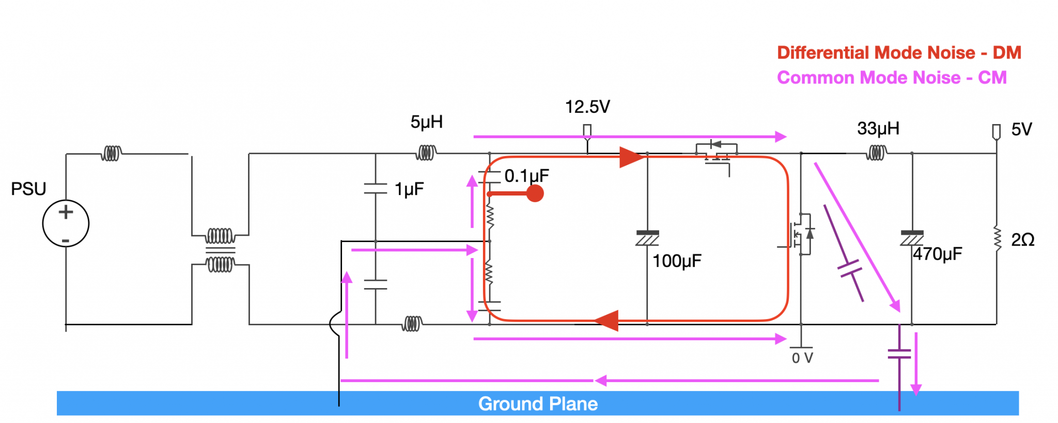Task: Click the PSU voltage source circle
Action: (66, 223)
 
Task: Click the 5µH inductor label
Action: (426, 122)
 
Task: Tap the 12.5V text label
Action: (587, 107)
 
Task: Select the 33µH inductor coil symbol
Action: (876, 153)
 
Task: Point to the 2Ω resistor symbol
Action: (997, 239)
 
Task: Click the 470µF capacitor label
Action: (938, 254)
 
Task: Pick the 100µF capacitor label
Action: (677, 261)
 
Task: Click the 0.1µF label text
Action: (526, 176)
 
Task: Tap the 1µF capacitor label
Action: (409, 189)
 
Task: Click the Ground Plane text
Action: (538, 404)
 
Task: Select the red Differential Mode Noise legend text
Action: (899, 53)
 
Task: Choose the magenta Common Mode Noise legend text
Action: (892, 78)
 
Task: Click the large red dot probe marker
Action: (535, 194)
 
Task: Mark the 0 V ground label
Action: (802, 358)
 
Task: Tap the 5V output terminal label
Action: (1021, 129)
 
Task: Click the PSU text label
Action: (28, 189)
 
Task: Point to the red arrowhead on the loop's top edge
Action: (631, 157)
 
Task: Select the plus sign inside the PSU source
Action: (66, 212)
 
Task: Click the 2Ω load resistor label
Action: (1022, 240)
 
